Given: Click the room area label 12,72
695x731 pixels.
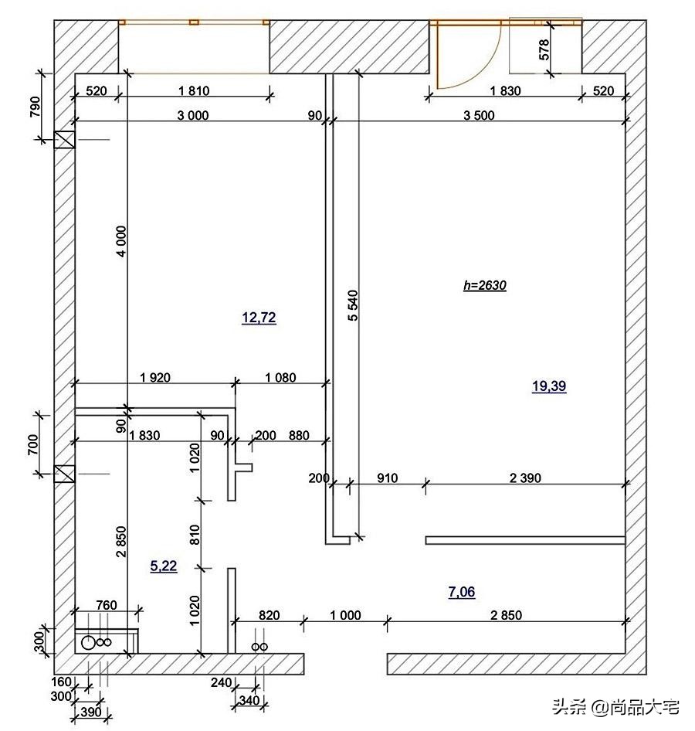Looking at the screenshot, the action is [x=259, y=318].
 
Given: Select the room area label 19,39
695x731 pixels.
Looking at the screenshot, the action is [x=549, y=386].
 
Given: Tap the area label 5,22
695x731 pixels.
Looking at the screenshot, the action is [x=164, y=566].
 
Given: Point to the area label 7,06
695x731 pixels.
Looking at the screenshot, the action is [x=462, y=592].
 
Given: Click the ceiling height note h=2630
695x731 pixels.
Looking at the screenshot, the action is [x=485, y=285].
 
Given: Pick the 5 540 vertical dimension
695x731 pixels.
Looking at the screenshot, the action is [x=354, y=305].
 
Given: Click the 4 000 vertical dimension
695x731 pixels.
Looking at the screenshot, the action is [x=121, y=242].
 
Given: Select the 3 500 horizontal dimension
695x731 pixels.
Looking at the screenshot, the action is [x=479, y=115].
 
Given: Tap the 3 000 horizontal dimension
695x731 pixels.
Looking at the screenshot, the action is [x=193, y=115].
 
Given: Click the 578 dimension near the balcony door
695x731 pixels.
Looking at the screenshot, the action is [x=544, y=49].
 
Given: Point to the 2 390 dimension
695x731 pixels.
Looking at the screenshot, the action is [x=525, y=478].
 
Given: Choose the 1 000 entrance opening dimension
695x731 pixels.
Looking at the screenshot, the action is [x=346, y=615].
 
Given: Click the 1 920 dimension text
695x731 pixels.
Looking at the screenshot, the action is [x=155, y=377].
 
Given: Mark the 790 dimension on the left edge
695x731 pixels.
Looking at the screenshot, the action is [x=36, y=107].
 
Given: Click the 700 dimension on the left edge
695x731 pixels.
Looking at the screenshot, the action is [x=33, y=444].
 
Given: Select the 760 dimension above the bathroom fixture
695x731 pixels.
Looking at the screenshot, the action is [x=107, y=605].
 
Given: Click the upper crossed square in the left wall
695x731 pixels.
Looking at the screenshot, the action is [x=64, y=140].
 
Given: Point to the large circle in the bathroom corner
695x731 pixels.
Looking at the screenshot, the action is [x=88, y=642].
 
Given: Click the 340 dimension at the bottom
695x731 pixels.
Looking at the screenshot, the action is [x=249, y=700].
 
